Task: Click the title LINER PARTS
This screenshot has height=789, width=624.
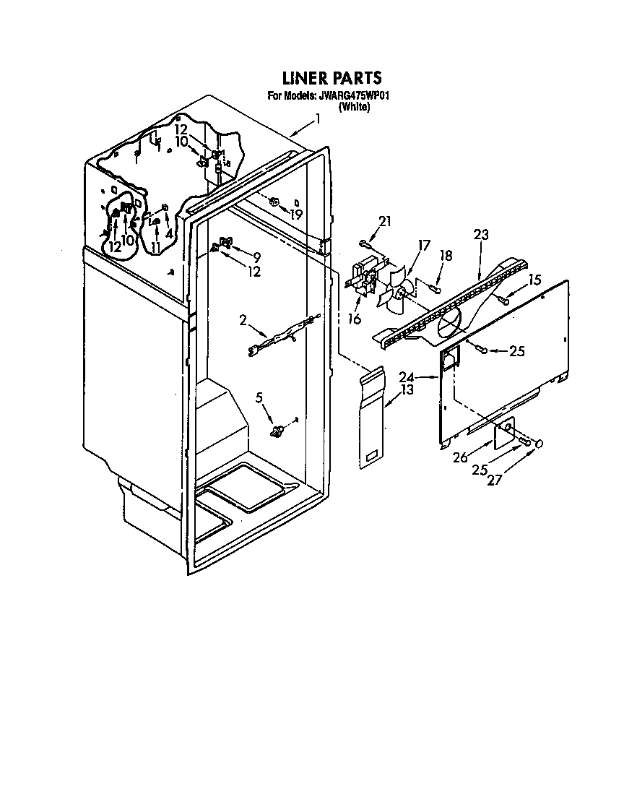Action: click(330, 78)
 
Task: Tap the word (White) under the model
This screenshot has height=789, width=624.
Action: click(354, 107)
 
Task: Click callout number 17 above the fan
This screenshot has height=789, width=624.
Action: click(424, 246)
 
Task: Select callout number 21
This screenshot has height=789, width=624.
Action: click(383, 222)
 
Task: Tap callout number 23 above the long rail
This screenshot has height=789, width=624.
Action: click(481, 234)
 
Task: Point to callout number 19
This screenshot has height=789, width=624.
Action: click(296, 215)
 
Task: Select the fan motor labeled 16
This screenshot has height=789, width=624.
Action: click(365, 278)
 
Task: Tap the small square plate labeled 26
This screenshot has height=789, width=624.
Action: click(504, 435)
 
